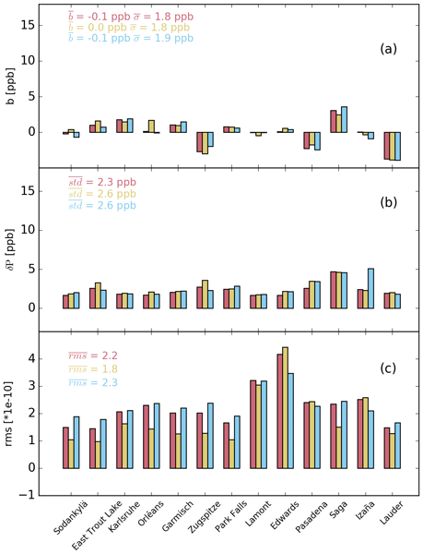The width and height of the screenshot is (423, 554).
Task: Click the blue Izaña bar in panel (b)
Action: [370, 288]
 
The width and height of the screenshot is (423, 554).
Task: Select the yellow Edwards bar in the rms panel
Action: [285, 408]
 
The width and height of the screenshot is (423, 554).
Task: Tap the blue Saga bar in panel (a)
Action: [344, 119]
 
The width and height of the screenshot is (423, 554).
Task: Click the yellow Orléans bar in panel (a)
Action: [151, 126]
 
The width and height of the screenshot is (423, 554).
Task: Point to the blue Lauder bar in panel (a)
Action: [397, 146]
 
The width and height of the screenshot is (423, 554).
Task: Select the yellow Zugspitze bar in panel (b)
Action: [205, 295]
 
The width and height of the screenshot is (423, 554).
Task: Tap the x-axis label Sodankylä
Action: [70, 518]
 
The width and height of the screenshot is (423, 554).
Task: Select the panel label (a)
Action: [388, 49]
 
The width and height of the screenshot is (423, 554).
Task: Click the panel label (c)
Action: [388, 368]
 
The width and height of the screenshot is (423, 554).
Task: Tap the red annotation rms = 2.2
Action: [93, 355]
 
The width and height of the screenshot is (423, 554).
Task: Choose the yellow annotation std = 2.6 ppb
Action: [102, 194]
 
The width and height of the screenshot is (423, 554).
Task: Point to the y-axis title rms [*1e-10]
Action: [9, 414]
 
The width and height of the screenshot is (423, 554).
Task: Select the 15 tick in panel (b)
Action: [29, 191]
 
